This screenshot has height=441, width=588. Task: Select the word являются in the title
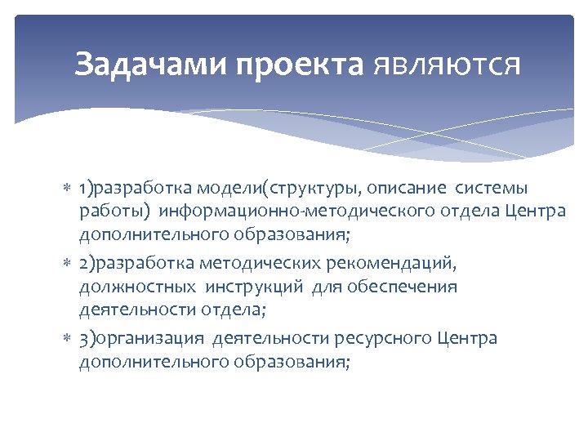tap(446, 64)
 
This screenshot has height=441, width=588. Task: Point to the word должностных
tap(137, 287)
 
